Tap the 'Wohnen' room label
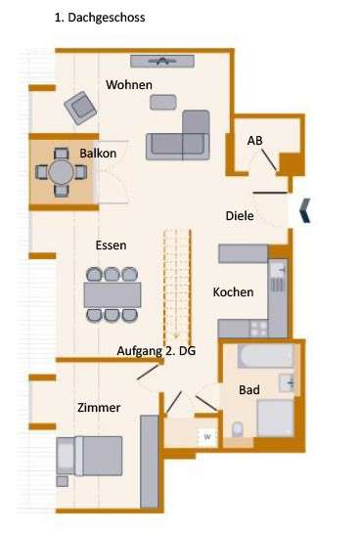129,85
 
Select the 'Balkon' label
99,154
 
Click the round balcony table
60,174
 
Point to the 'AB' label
254,142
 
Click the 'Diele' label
241,216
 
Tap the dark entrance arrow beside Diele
305,208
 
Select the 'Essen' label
111,245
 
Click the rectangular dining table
112,293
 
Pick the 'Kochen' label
233,292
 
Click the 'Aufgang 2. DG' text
157,349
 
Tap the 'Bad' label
249,390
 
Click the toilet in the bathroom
238,427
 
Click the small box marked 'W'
207,435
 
